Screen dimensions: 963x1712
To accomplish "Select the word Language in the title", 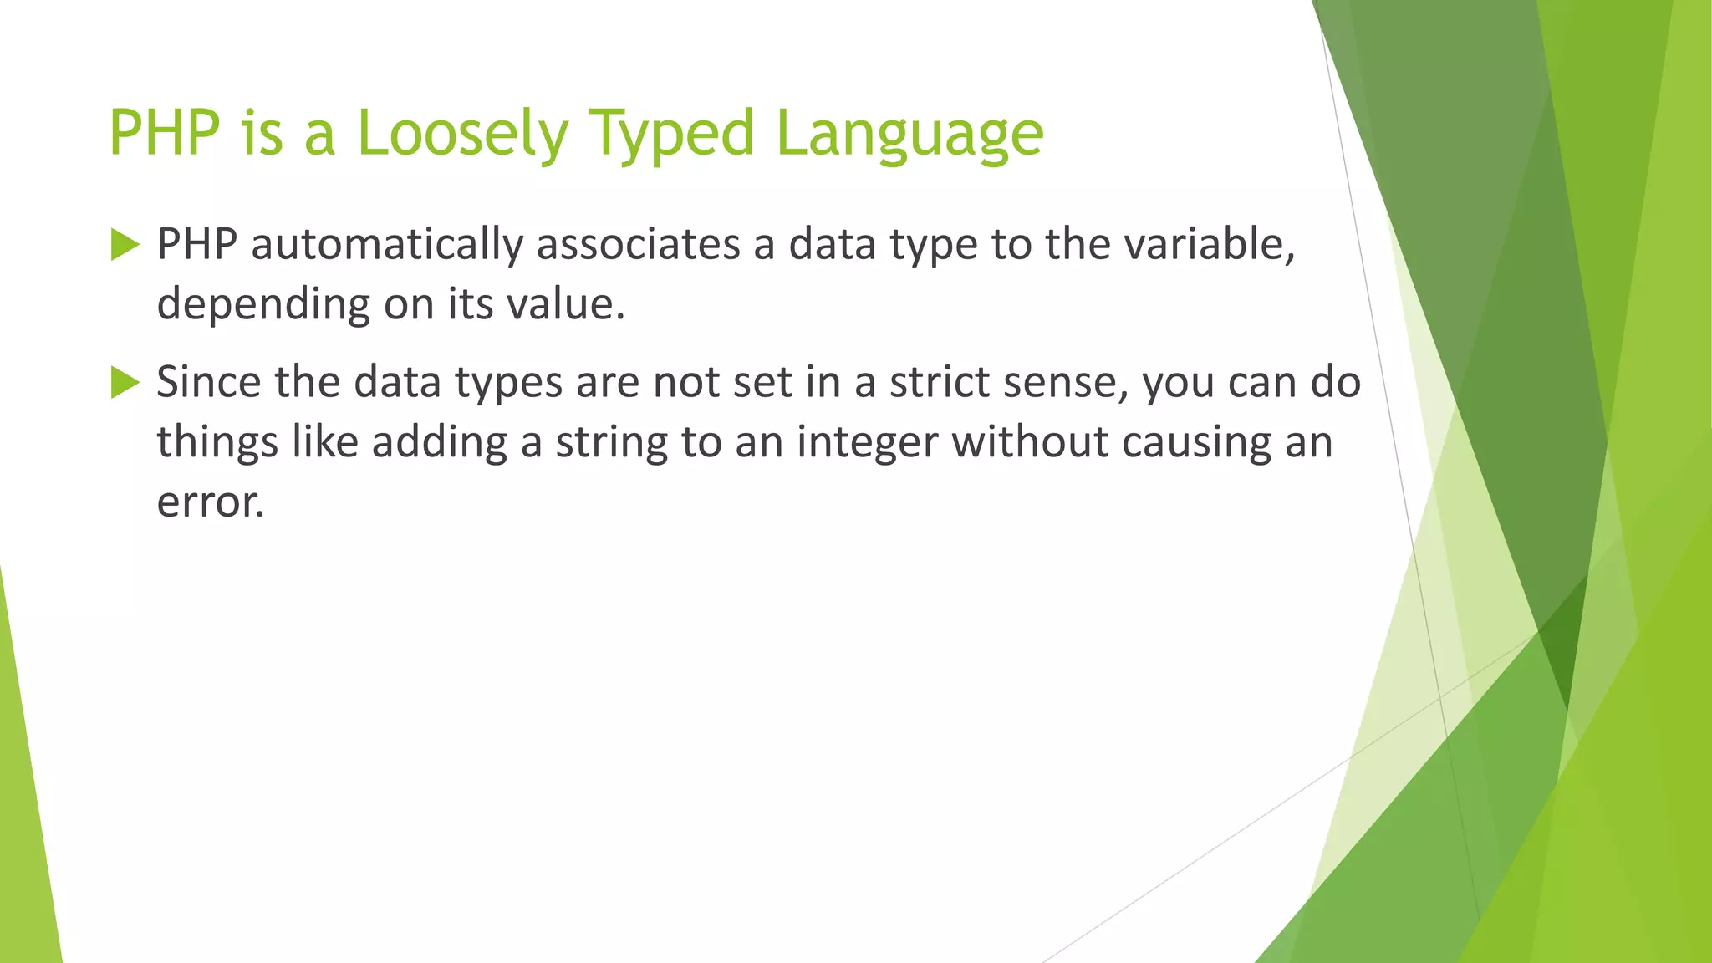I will tap(909, 134).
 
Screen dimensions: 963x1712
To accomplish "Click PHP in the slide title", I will tap(165, 134).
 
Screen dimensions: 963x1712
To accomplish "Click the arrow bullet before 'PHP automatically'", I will tap(125, 246).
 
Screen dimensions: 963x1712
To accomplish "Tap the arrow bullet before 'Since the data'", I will tap(125, 384).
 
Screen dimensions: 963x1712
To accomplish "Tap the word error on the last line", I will tap(210, 502).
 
